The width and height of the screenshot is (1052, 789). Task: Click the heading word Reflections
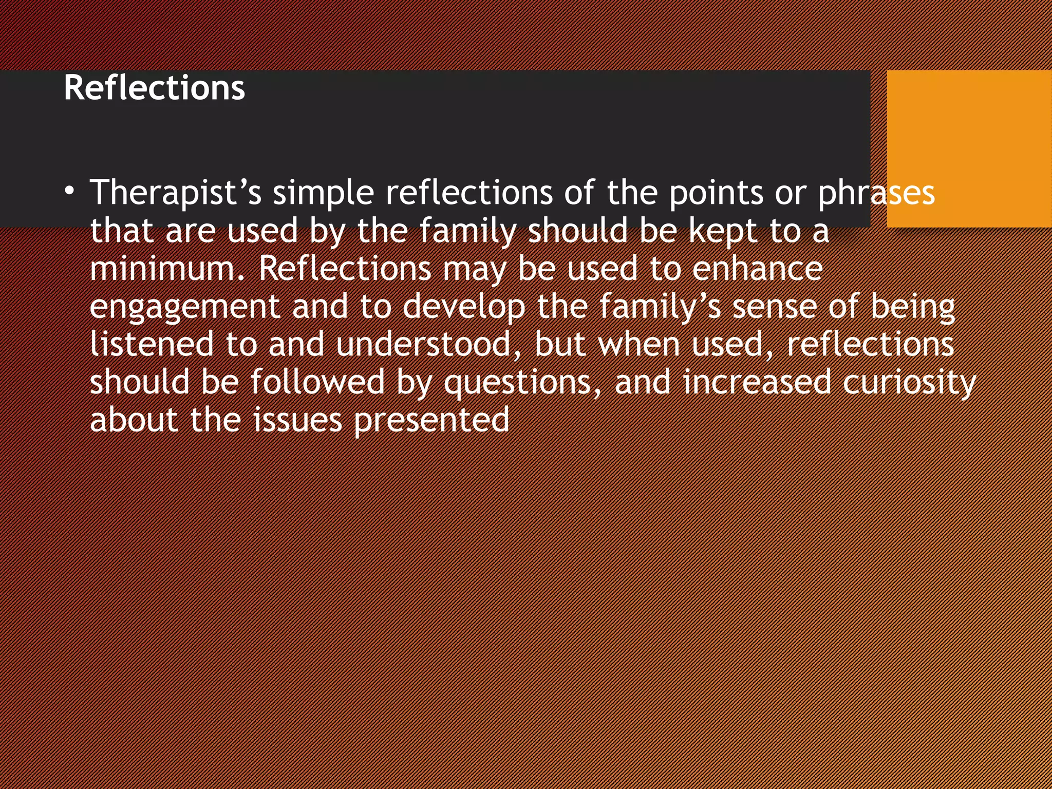click(154, 88)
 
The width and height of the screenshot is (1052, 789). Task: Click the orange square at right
click(969, 148)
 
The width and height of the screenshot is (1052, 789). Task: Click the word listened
click(152, 345)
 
